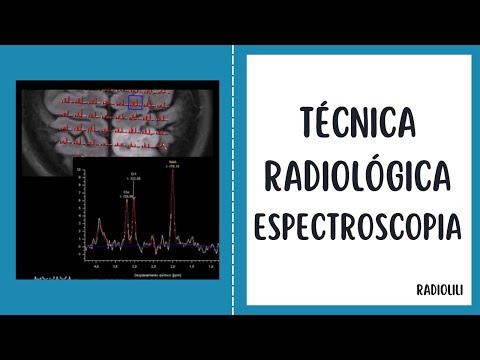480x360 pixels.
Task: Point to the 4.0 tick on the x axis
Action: [x=96, y=267]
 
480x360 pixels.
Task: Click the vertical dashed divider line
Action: [x=233, y=180]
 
